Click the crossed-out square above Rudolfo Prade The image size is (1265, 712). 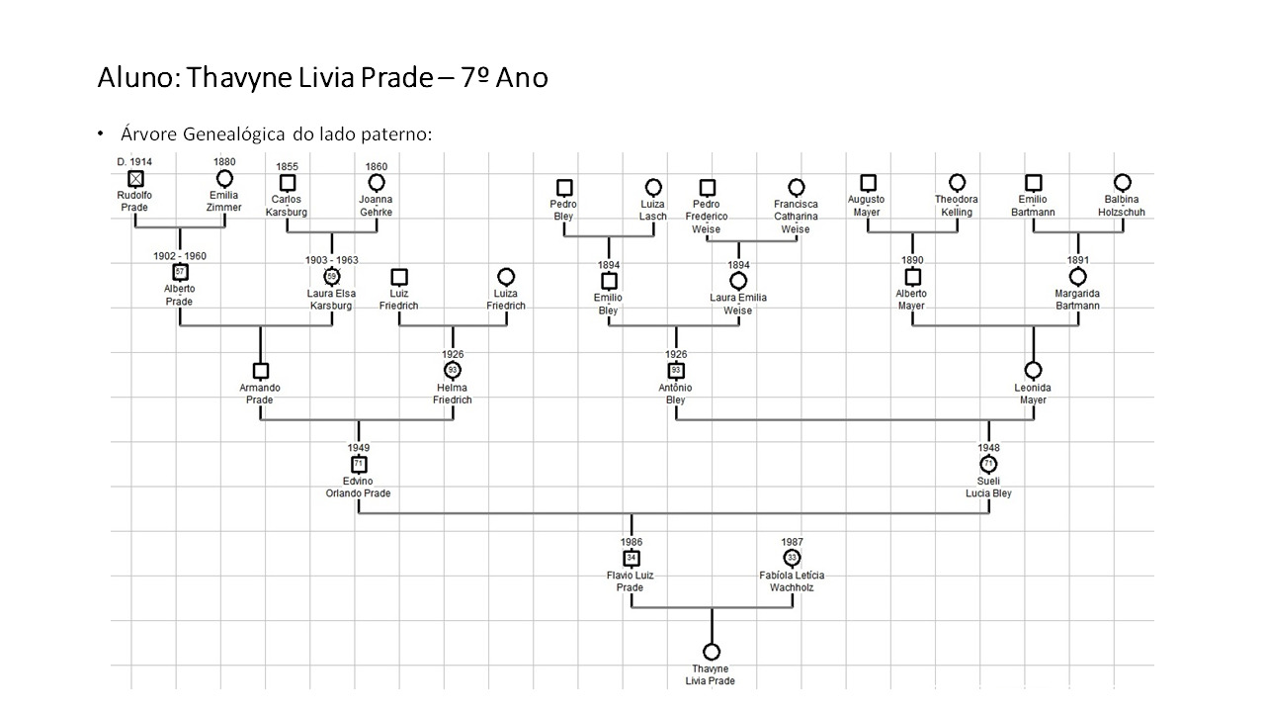(x=135, y=179)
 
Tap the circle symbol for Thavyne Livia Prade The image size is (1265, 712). (x=711, y=652)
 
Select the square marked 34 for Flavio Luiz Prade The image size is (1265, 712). (x=632, y=558)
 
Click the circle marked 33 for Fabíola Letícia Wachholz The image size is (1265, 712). (x=792, y=558)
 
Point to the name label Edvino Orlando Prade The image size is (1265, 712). (x=358, y=487)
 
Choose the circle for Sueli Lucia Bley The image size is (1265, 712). (x=988, y=464)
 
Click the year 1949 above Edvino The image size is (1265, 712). (x=358, y=448)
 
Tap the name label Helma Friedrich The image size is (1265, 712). (x=453, y=394)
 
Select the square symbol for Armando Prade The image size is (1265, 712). (x=261, y=371)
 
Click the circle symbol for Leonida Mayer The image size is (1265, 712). (x=1033, y=371)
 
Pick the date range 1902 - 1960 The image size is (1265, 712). (x=179, y=256)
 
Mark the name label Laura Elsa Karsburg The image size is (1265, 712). (x=330, y=300)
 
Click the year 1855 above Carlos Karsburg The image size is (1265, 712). (x=287, y=166)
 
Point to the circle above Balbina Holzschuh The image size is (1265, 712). (x=1122, y=182)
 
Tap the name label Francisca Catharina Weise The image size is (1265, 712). (x=796, y=217)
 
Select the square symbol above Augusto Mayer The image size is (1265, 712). (x=868, y=182)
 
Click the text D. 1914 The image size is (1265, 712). (x=134, y=161)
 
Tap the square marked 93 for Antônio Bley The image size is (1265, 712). (x=676, y=371)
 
